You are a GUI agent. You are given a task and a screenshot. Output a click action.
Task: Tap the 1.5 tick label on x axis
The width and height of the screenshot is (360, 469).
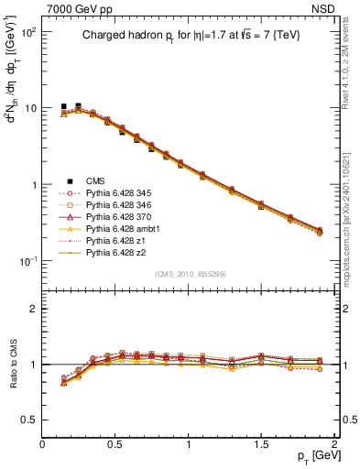coord(262,442)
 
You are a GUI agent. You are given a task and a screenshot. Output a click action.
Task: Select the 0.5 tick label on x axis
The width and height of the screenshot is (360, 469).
coord(115,442)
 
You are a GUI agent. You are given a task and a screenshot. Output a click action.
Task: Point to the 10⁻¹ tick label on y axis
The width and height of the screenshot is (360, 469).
coord(27,262)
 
